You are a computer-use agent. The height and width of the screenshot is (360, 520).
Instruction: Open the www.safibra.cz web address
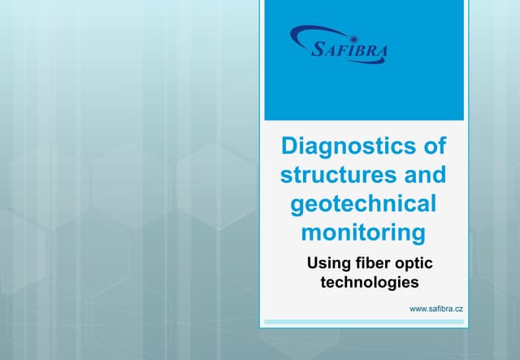pos(436,310)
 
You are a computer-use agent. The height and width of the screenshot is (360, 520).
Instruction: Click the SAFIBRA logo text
pos(350,51)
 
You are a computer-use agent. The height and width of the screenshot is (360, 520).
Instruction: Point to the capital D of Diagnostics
pos(288,147)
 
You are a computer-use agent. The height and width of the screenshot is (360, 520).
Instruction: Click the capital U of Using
pos(311,263)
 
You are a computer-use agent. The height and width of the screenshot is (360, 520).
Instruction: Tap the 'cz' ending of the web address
pos(459,310)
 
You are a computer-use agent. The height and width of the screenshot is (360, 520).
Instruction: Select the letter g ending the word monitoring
pos(416,235)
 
